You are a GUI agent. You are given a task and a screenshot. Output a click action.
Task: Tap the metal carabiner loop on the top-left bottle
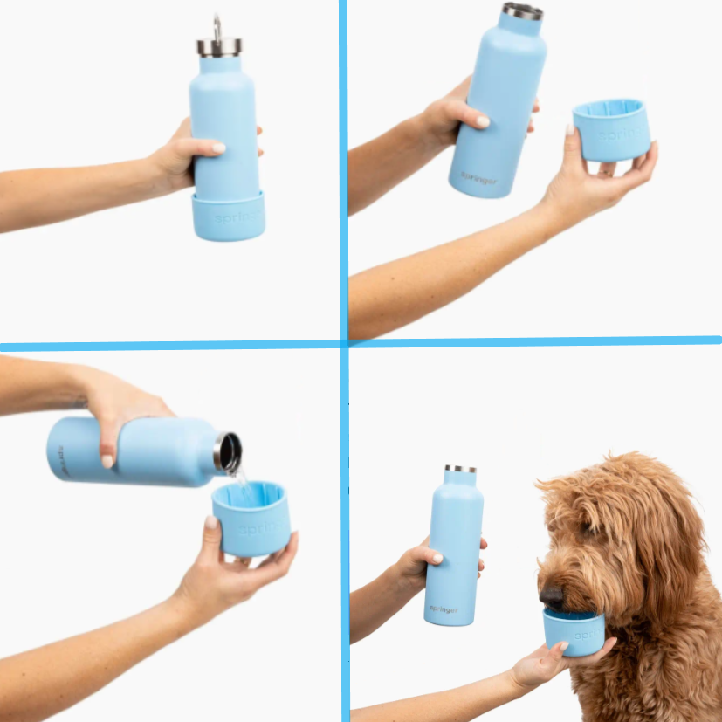click(x=217, y=26)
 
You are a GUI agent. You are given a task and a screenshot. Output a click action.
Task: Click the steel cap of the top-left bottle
click(x=218, y=46)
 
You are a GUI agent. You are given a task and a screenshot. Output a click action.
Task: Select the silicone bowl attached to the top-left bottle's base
click(x=229, y=216)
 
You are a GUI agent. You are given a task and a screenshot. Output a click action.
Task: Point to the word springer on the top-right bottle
click(x=479, y=177)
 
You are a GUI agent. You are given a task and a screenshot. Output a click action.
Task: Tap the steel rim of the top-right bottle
click(x=522, y=11)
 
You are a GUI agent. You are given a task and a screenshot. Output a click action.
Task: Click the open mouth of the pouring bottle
click(x=229, y=451)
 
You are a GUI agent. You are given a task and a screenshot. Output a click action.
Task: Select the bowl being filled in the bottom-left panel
click(x=251, y=520)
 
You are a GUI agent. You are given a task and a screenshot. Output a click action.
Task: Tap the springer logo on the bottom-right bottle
click(x=443, y=609)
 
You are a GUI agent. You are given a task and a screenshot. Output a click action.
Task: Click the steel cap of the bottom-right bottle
click(x=460, y=470)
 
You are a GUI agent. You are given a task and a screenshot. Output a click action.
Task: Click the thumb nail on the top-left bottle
click(x=218, y=148)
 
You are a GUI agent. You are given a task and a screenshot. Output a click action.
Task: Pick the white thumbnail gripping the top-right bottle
click(x=483, y=121)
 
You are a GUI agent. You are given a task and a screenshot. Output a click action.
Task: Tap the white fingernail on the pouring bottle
click(x=107, y=460)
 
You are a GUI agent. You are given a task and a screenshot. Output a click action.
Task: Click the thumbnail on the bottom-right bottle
click(x=437, y=557)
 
